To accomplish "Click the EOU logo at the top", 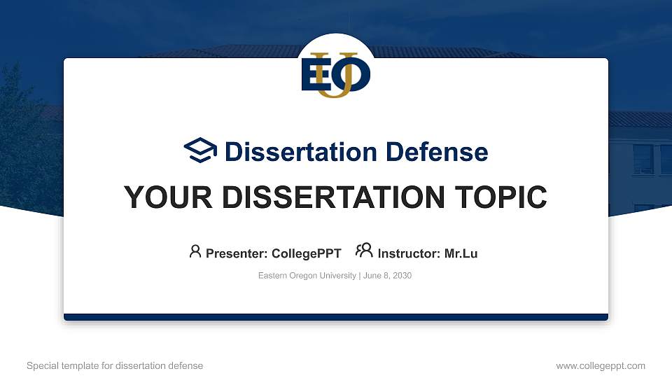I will tap(336, 73).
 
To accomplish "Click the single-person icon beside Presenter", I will tap(195, 251).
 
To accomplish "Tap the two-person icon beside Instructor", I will tap(364, 251).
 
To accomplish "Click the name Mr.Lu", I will tap(461, 253).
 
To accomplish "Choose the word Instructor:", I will tap(409, 253).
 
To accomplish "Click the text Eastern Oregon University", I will tap(307, 276).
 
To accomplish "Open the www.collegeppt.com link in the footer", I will tap(600, 365).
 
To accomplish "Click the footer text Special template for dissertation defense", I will tap(115, 365).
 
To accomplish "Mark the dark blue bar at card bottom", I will tap(336, 317).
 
